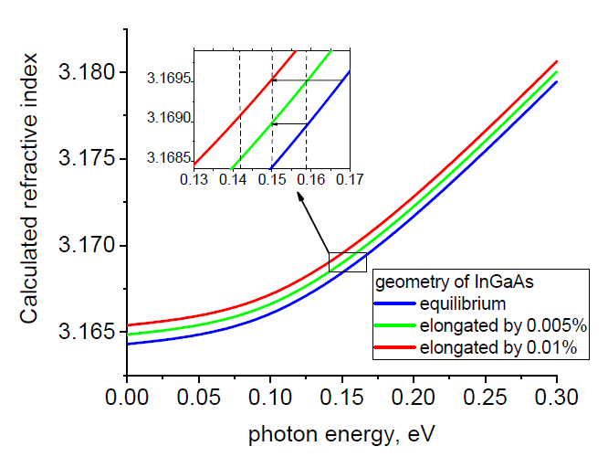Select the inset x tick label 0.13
194,180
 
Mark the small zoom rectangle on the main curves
348,261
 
